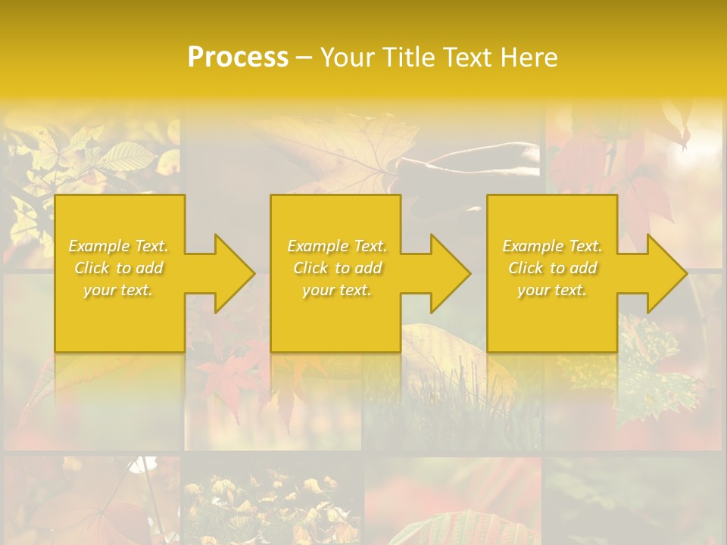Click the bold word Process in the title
click(x=238, y=58)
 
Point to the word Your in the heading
click(x=347, y=58)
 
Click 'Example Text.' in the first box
click(x=119, y=246)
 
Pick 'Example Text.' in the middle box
click(x=337, y=246)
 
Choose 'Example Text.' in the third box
click(x=552, y=246)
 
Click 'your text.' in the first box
click(x=118, y=290)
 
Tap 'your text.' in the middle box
click(x=337, y=290)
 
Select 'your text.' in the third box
click(x=552, y=290)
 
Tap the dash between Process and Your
click(x=304, y=58)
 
